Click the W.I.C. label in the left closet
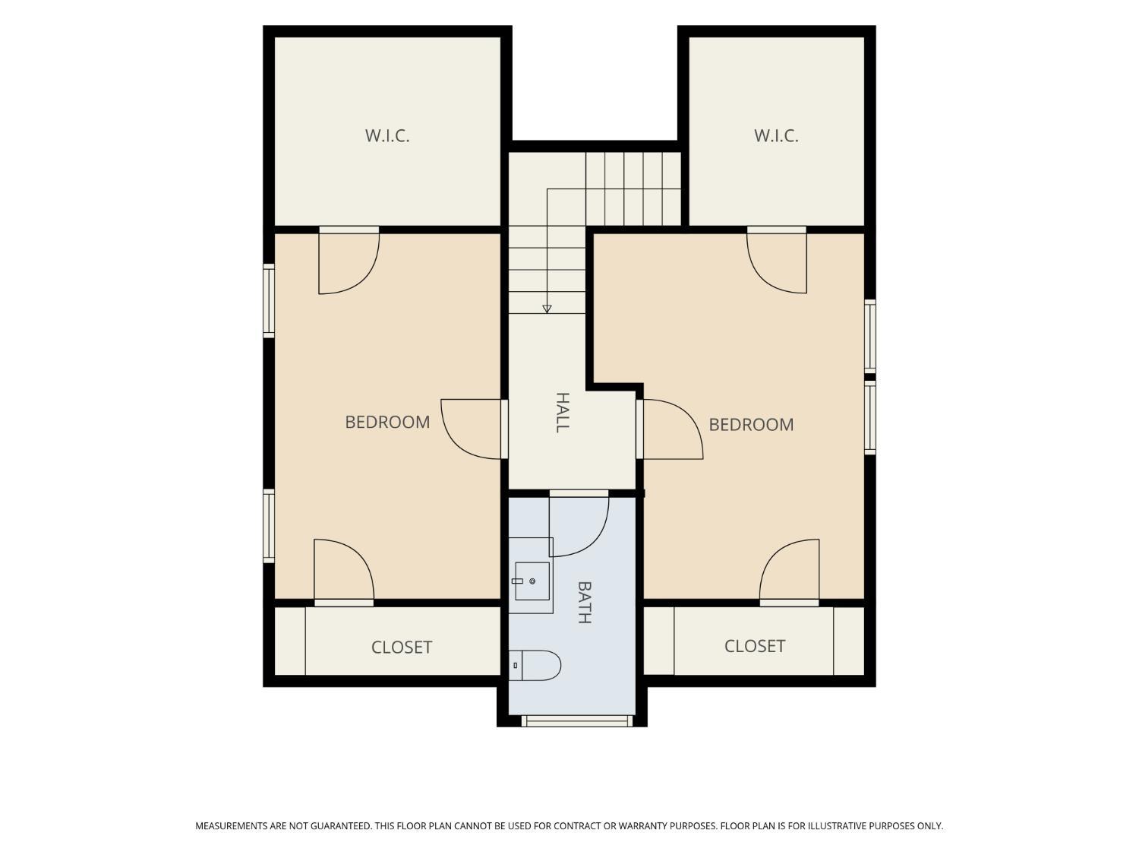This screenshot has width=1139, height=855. [x=387, y=136]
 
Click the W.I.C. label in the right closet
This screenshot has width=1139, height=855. [x=776, y=136]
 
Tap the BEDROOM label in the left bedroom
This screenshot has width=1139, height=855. [x=387, y=422]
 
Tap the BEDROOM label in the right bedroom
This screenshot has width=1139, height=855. [x=751, y=425]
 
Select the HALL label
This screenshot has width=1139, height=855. [x=563, y=412]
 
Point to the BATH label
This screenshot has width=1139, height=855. [x=584, y=602]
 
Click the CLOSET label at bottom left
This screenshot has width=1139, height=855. [x=402, y=648]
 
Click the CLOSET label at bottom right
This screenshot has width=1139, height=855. [x=755, y=646]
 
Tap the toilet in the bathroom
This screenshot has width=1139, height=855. [x=535, y=665]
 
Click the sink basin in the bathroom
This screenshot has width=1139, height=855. [x=532, y=581]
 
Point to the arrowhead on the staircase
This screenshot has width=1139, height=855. [x=547, y=309]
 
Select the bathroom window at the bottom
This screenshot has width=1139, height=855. [x=577, y=720]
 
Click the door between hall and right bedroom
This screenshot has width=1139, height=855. [x=670, y=429]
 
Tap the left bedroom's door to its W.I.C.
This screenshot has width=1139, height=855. [x=349, y=260]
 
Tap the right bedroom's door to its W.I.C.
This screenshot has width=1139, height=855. [x=777, y=260]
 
